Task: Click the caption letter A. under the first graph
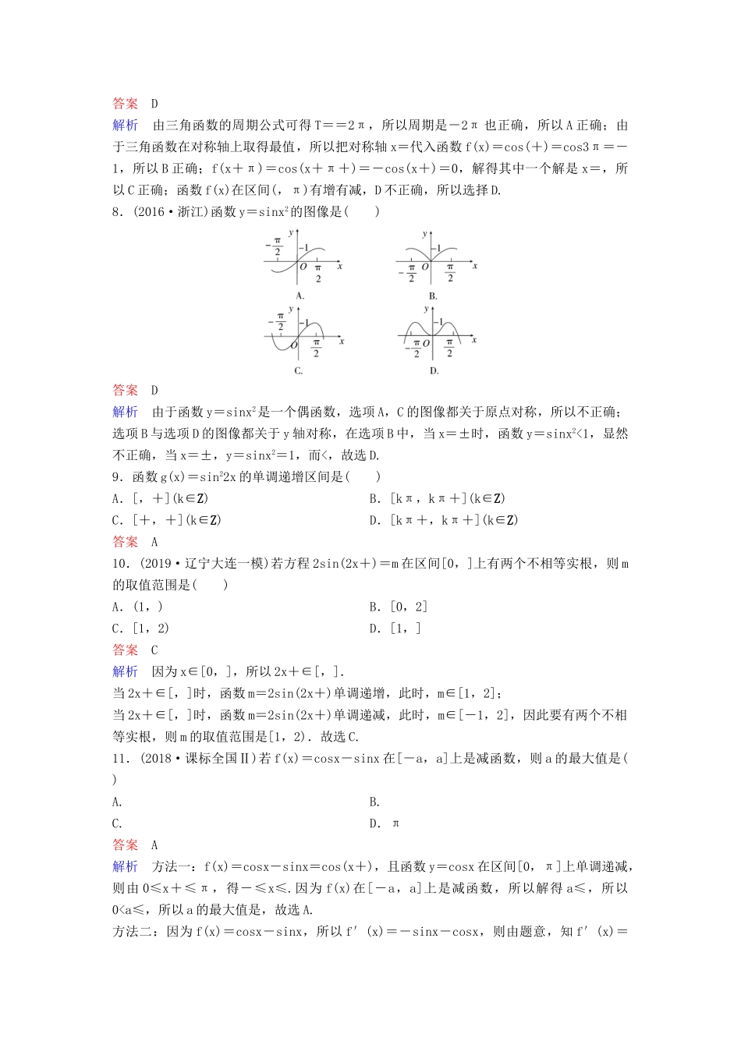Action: coord(300,296)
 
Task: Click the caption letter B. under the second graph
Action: coord(433,296)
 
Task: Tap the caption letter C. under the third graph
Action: coord(298,370)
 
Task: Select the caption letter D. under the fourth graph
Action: coord(434,370)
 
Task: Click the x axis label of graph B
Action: coord(474,266)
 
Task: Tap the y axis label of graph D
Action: coord(425,309)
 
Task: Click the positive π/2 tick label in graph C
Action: coord(316,348)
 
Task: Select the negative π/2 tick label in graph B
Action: coord(411,273)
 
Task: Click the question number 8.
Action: coord(118,212)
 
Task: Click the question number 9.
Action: coord(118,477)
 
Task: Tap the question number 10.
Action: coord(120,564)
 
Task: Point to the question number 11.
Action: coord(120,759)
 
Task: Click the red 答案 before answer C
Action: coord(125,650)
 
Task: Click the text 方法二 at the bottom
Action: coord(136,932)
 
